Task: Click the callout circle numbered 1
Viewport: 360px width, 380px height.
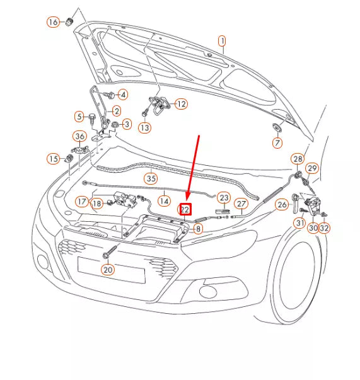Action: (x=222, y=42)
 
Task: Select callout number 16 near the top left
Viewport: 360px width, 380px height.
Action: (x=53, y=23)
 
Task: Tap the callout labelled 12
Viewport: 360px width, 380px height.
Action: (x=181, y=104)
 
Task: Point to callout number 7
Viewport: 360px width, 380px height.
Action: (x=277, y=143)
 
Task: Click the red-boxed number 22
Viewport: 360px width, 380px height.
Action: (x=186, y=209)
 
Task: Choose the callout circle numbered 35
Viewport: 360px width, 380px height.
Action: (x=150, y=178)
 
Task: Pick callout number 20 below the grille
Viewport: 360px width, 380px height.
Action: (x=108, y=270)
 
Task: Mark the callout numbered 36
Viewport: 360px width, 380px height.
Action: (x=79, y=136)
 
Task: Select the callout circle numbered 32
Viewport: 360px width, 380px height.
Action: (x=324, y=228)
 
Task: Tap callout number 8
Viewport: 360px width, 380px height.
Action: (x=198, y=229)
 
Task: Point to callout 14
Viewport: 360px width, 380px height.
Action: (x=164, y=201)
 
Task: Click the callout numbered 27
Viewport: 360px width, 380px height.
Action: (x=241, y=204)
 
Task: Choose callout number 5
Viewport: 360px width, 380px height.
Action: (x=79, y=116)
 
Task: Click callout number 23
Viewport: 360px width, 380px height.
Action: (x=224, y=197)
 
